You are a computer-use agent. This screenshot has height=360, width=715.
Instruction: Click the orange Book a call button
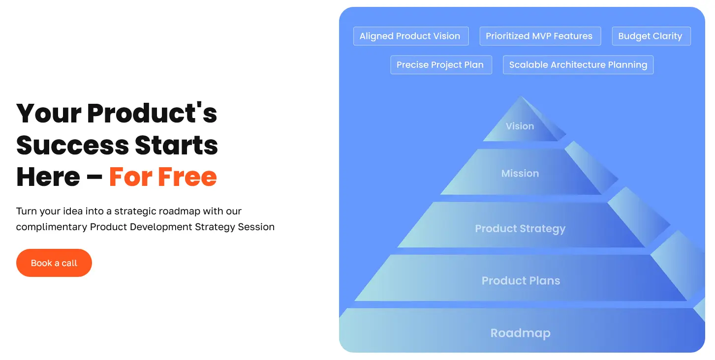point(54,263)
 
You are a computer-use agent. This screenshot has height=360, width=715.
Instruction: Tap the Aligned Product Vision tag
point(410,36)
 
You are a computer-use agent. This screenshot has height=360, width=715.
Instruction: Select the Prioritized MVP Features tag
point(539,36)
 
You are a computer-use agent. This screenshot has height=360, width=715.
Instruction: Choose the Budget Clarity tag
point(651,36)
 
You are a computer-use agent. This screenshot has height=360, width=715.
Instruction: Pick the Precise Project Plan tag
point(440,65)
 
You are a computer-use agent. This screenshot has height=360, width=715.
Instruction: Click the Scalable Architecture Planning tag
point(578,65)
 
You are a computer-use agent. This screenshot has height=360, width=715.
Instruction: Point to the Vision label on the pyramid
point(520,126)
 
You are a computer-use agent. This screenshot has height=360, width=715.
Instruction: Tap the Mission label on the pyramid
point(520,173)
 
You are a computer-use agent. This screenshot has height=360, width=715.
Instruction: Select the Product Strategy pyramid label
point(520,229)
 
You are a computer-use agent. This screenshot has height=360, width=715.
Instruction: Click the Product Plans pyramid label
point(521,281)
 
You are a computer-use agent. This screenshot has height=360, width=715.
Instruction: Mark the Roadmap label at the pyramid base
point(520,333)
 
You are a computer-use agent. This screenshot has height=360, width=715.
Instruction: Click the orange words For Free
point(163,177)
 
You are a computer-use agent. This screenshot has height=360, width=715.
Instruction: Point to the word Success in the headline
point(72,145)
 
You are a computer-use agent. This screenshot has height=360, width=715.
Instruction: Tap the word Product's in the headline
point(152,113)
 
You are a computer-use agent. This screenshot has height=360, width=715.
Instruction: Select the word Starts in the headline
point(177,145)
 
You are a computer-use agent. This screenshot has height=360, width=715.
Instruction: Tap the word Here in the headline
point(48,177)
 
